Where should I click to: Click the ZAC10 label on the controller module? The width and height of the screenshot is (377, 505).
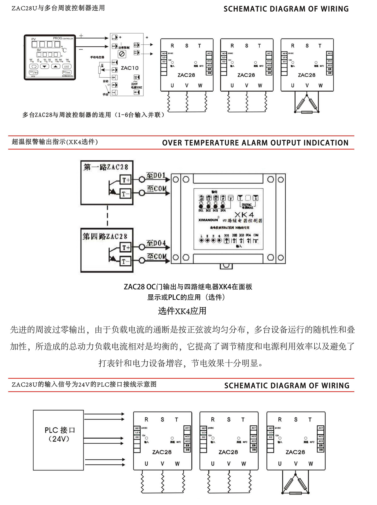click(x=130, y=68)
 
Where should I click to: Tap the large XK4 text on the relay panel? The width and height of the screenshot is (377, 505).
click(x=244, y=215)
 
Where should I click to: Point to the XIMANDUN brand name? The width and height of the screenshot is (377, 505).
click(x=208, y=220)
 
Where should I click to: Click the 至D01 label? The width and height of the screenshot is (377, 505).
click(x=156, y=175)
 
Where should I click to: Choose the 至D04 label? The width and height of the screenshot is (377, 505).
click(x=156, y=243)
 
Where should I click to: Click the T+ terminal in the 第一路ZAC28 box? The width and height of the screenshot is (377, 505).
click(x=126, y=180)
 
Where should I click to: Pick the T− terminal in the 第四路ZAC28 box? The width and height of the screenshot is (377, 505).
click(x=126, y=262)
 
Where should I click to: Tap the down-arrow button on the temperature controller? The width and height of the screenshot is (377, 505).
click(x=44, y=66)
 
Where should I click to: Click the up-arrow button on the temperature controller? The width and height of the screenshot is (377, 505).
click(x=55, y=66)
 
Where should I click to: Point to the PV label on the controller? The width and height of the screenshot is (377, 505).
click(x=34, y=39)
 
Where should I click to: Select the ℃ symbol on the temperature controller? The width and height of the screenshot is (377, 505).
click(x=64, y=50)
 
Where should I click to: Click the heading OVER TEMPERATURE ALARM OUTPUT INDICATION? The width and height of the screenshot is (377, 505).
click(x=255, y=143)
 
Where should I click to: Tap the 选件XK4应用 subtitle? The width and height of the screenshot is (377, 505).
click(x=182, y=311)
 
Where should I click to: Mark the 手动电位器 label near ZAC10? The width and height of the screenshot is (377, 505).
click(x=97, y=57)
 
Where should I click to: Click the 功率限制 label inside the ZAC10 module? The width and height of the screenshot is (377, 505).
click(x=124, y=48)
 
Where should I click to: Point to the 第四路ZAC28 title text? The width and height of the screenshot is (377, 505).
click(x=105, y=236)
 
